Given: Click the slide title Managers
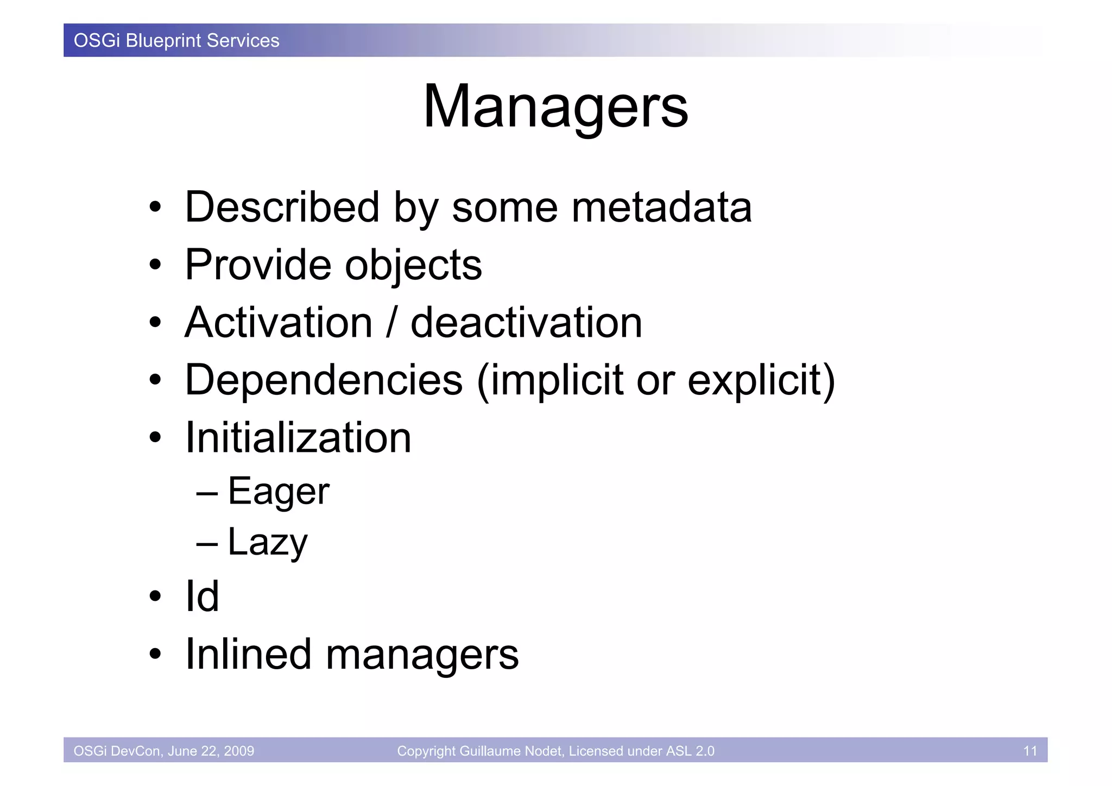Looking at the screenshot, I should [x=555, y=106].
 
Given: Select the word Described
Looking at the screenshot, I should [x=282, y=207].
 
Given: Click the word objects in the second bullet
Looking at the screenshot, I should [x=413, y=266].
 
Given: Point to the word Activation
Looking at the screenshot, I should [x=279, y=323].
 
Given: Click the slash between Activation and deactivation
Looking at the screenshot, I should [x=391, y=323].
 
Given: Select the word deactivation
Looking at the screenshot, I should [x=526, y=323].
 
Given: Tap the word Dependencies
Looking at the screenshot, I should [x=324, y=380].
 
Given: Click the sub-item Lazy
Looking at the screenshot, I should [x=267, y=542].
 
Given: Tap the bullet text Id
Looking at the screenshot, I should [x=202, y=596].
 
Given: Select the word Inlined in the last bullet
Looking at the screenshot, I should [x=248, y=654].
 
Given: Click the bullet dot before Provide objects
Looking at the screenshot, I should [x=155, y=265].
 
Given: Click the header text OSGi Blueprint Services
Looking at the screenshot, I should [x=176, y=41].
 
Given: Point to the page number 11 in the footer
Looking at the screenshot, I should [x=1030, y=751].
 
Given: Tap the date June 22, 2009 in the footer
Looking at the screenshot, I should [x=211, y=751].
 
